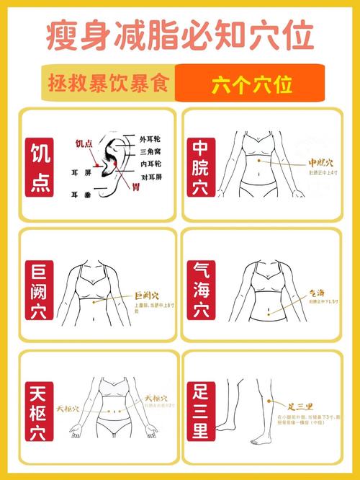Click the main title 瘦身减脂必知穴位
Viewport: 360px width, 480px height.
[x=180, y=34]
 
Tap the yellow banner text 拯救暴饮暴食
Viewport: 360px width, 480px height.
[x=109, y=84]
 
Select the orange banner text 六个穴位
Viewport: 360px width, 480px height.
[x=252, y=84]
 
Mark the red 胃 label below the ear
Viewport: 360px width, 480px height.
[x=135, y=187]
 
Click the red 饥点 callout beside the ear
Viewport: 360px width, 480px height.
[x=85, y=143]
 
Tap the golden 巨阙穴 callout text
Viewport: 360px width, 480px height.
[x=147, y=295]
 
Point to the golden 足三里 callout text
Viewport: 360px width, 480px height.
[x=301, y=407]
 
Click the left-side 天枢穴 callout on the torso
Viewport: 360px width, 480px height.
[x=67, y=408]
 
